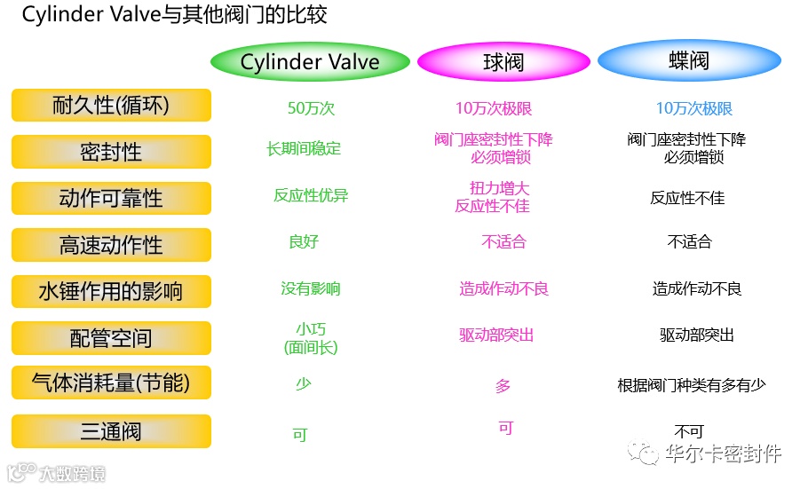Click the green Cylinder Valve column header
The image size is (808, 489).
click(310, 62)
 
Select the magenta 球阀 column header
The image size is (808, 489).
click(503, 62)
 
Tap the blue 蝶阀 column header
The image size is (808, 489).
click(689, 61)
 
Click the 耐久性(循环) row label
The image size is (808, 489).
click(111, 106)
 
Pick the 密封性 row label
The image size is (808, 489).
click(111, 152)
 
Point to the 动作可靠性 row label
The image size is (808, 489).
click(111, 198)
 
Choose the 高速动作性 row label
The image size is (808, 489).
click(111, 245)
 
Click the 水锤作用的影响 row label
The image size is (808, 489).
click(111, 291)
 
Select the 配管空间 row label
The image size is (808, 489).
click(111, 338)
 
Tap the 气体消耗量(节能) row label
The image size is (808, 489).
click(111, 383)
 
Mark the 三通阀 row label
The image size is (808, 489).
click(111, 431)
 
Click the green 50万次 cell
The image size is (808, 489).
click(311, 109)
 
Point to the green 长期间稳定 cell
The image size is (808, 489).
click(304, 149)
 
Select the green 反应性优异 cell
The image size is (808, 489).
click(311, 195)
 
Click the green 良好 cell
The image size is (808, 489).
click(304, 241)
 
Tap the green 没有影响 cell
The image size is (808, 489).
click(311, 288)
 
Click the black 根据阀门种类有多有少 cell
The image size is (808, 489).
click(691, 385)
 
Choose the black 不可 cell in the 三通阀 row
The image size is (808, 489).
click(689, 431)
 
